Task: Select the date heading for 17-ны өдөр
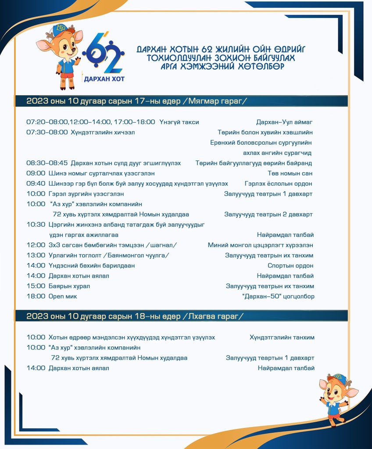point(136,101)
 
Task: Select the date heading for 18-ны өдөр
point(135,316)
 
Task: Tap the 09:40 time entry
point(36,183)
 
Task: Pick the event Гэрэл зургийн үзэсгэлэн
point(86,193)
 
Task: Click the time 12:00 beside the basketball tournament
point(36,245)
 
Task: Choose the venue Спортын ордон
point(291,266)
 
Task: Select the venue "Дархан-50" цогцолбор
point(278,296)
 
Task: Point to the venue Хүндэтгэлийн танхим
point(282,338)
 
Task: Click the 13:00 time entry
point(36,255)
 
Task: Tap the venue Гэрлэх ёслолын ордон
point(279,183)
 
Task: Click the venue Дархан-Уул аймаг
point(285,122)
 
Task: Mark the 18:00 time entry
point(36,296)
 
